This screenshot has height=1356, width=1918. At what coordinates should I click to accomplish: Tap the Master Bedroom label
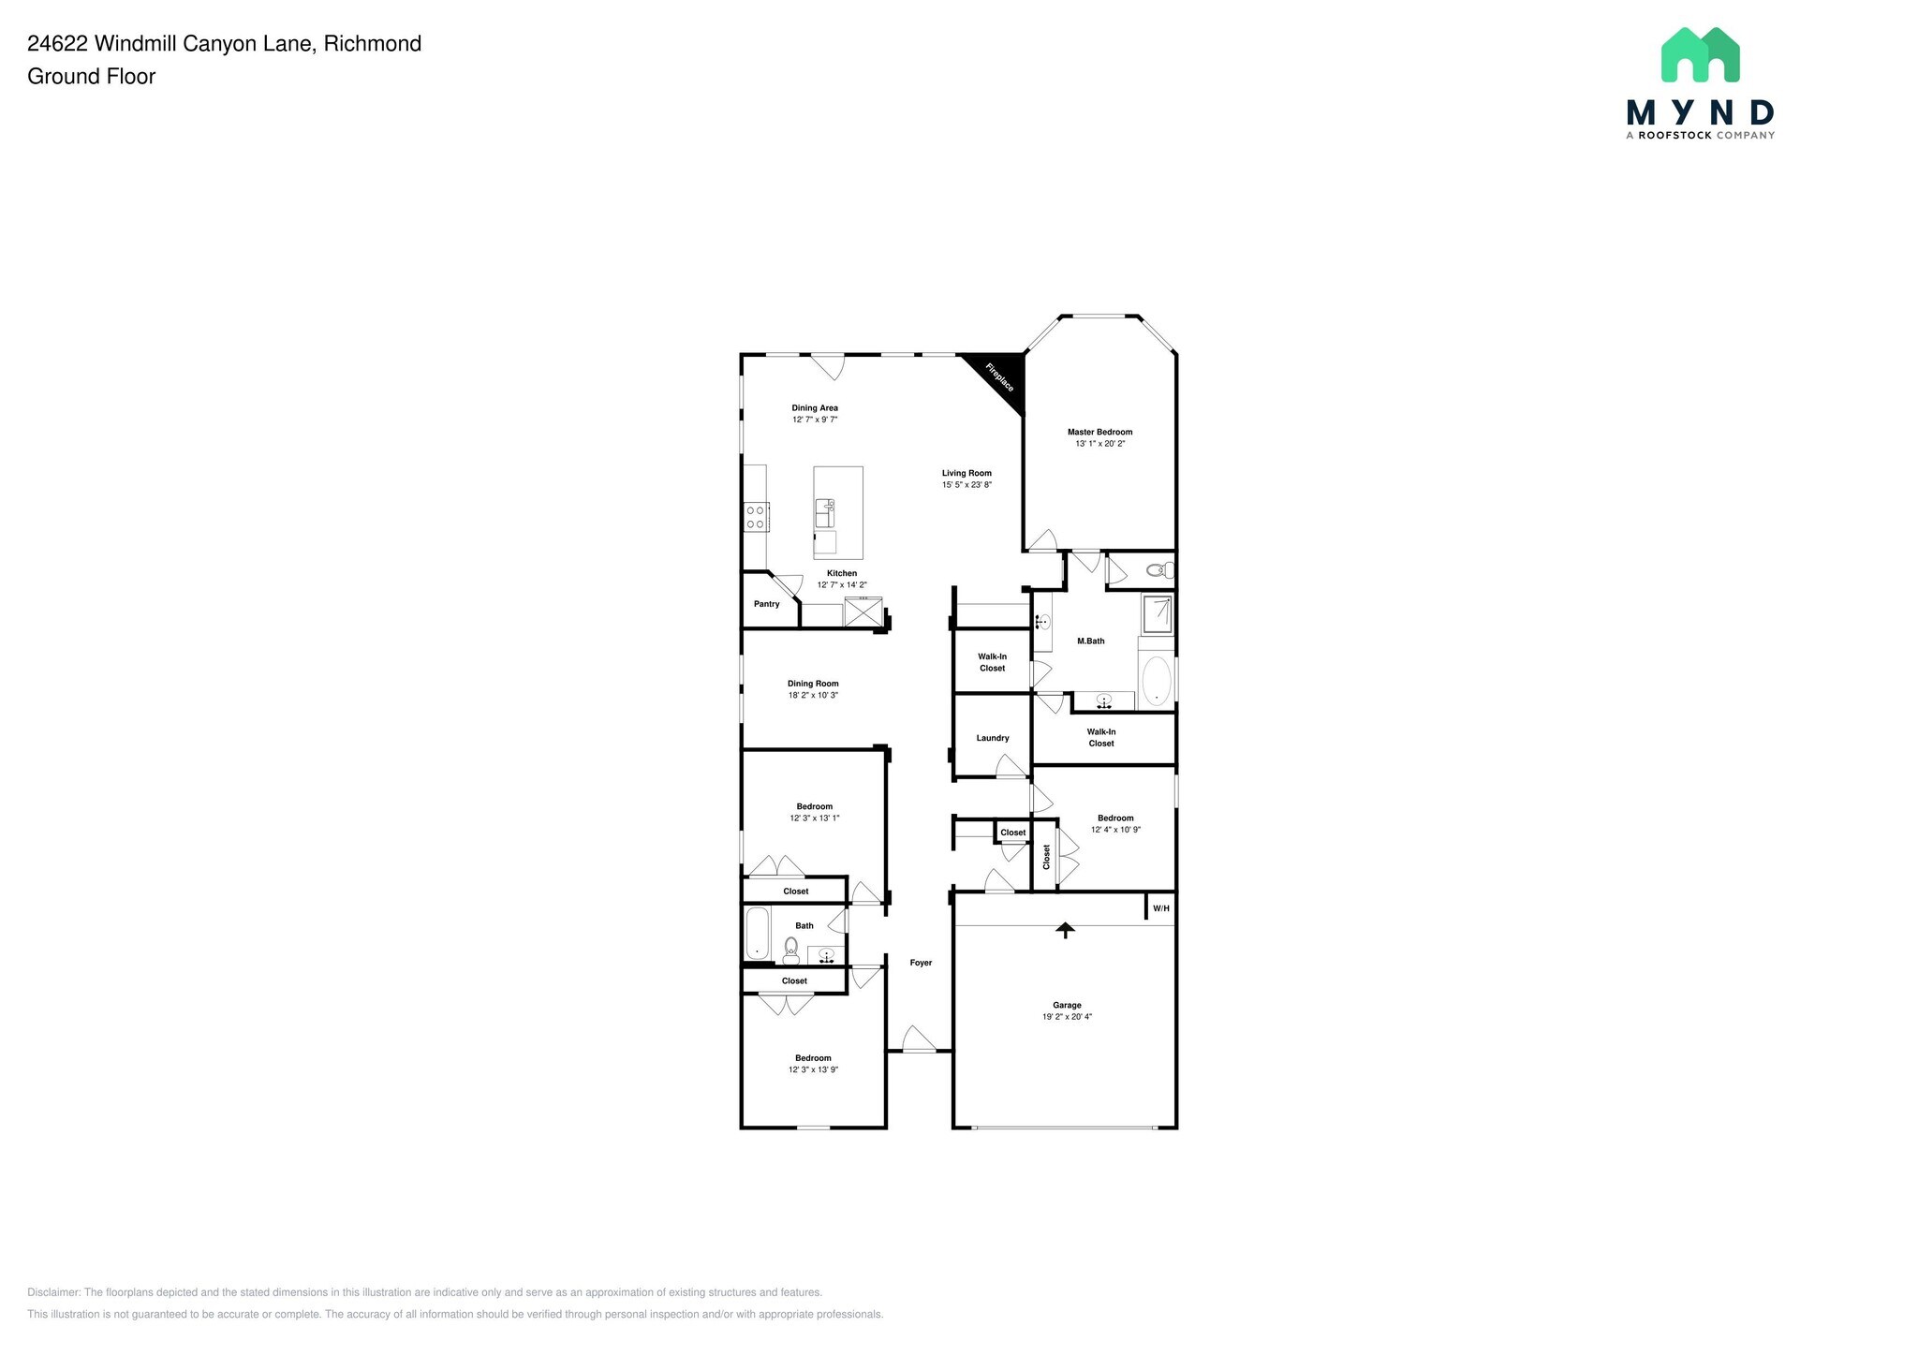point(1099,432)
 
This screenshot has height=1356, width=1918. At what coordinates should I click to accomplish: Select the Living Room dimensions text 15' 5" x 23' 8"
point(966,485)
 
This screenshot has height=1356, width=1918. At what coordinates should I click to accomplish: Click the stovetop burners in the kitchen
point(756,517)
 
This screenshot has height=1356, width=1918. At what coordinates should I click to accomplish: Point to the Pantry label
point(766,604)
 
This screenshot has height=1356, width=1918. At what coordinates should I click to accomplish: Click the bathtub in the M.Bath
point(1157,680)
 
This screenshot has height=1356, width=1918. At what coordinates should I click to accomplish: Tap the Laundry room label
point(993,738)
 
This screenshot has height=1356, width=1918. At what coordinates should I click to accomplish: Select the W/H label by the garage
point(1161,908)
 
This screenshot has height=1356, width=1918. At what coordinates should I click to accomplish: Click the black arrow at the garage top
point(1065,930)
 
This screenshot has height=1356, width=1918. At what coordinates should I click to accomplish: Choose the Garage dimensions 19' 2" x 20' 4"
point(1067,1017)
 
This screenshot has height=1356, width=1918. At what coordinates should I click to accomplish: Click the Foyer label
point(921,963)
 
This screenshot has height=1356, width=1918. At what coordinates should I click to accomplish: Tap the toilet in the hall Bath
point(791,951)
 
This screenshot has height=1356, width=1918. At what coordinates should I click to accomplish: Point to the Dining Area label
point(815,408)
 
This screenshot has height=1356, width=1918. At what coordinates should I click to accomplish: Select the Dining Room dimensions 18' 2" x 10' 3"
point(813,696)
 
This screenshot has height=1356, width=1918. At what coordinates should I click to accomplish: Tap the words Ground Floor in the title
point(92,77)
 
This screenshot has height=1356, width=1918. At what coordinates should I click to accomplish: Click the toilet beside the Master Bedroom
point(1159,569)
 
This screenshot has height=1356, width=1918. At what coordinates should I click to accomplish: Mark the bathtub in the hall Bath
point(757,934)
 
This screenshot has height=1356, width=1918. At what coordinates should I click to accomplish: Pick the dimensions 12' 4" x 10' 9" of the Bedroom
point(1115,830)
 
